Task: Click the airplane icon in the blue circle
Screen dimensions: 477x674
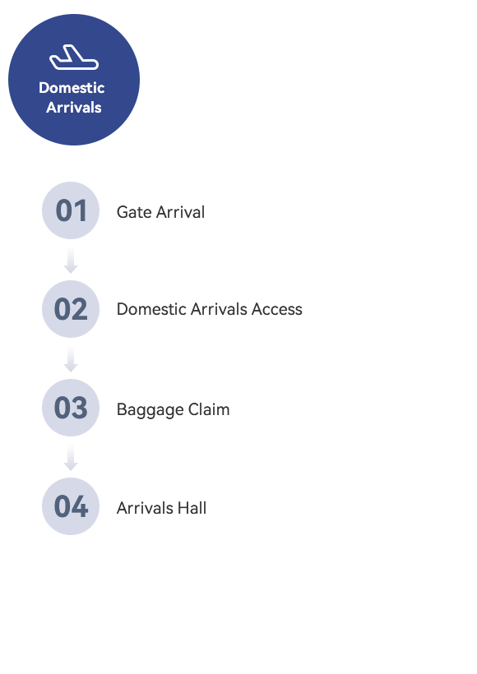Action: click(74, 58)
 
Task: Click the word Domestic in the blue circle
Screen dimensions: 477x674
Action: click(72, 88)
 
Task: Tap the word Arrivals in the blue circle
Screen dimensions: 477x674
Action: click(74, 107)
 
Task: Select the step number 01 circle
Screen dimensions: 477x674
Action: click(71, 210)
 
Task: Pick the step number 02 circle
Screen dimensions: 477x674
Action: click(71, 308)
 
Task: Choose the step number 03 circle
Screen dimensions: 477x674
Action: click(71, 408)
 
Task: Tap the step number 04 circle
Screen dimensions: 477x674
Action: click(71, 506)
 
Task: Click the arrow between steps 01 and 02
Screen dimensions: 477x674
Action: click(71, 261)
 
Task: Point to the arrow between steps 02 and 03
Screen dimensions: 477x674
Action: click(71, 359)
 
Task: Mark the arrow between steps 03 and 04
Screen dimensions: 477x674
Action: click(71, 458)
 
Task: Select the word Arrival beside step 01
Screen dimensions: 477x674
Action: click(181, 212)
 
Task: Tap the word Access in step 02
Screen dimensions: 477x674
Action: click(277, 309)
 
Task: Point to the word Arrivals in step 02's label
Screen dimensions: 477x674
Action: click(219, 309)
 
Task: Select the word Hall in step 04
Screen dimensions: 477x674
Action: click(192, 508)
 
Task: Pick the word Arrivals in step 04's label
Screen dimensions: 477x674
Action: click(145, 508)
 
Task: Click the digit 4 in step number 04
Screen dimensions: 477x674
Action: click(80, 506)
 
